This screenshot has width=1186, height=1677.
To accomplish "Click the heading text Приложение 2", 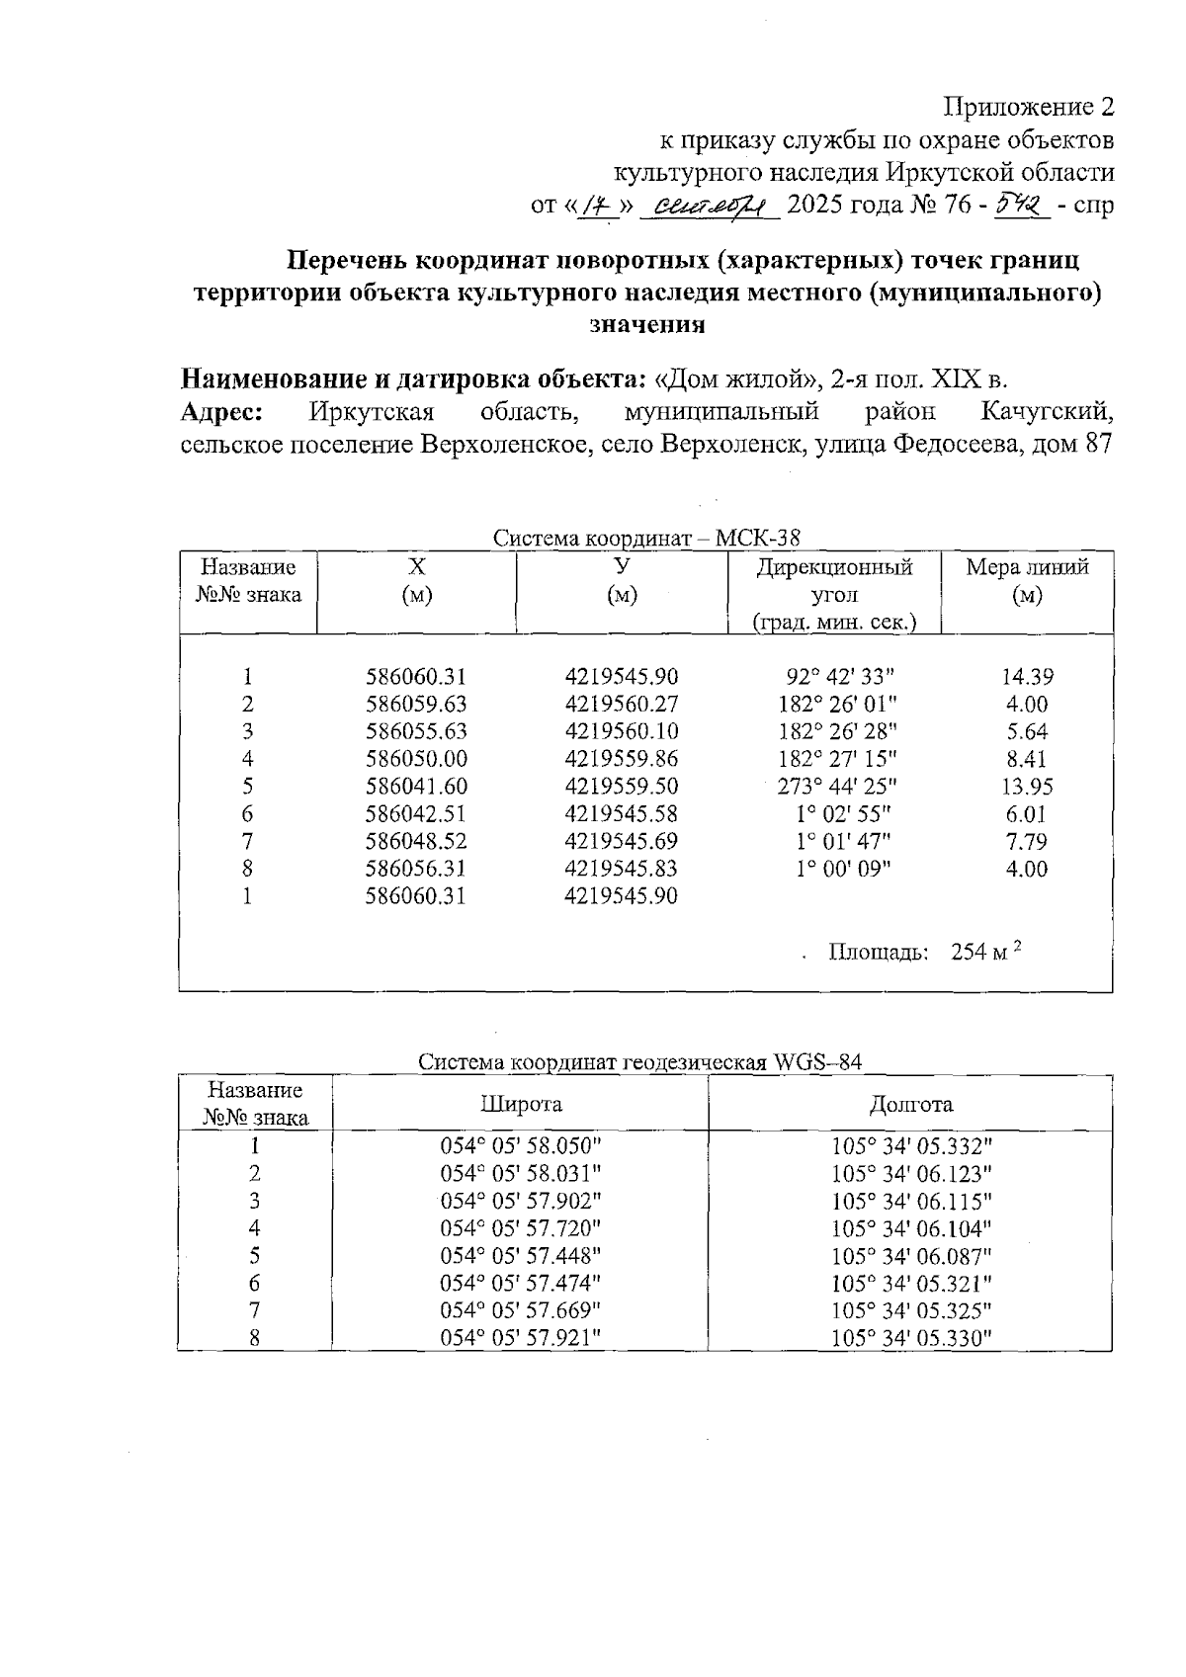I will [1029, 107].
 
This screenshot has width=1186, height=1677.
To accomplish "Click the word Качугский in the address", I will [1048, 411].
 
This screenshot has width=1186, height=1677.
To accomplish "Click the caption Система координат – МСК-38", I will [646, 539].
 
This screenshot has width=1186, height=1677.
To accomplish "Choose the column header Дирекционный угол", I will [834, 581].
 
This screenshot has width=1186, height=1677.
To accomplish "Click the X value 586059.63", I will [415, 705].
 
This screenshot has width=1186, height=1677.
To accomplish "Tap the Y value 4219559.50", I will [622, 787].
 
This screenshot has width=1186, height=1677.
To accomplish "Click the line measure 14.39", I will [1027, 677].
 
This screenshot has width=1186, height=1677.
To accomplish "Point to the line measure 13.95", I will [1027, 787].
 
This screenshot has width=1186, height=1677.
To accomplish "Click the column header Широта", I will [521, 1104].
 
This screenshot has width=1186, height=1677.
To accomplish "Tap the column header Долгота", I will [911, 1104].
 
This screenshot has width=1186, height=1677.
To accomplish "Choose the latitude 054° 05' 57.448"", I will [520, 1255].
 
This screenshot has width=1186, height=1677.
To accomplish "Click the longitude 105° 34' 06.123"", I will [911, 1173].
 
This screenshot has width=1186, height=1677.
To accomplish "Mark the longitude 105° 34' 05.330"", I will [911, 1338].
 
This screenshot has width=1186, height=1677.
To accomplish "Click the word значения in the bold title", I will [646, 325].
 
